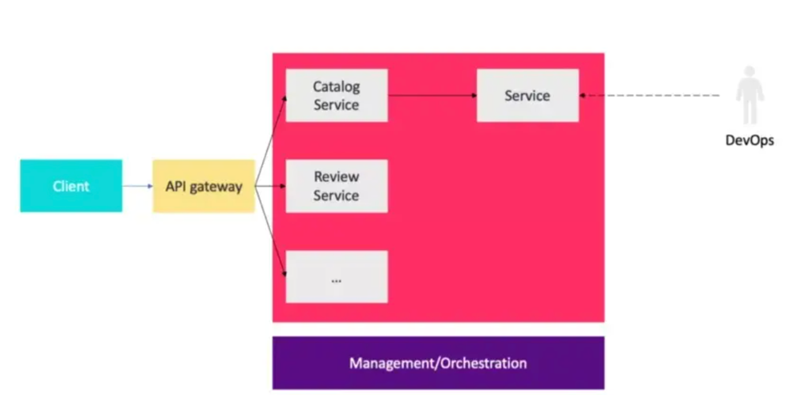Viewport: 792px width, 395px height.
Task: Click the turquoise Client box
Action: click(x=71, y=186)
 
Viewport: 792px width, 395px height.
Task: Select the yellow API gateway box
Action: click(x=204, y=186)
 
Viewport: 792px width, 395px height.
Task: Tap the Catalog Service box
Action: click(x=337, y=95)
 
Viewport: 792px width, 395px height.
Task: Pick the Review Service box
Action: click(x=337, y=186)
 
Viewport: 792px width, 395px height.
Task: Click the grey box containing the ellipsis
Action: click(x=337, y=276)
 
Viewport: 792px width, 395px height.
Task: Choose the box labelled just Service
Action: click(x=527, y=95)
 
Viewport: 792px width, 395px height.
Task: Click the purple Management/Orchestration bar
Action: click(x=438, y=363)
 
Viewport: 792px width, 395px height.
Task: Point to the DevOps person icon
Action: click(x=750, y=95)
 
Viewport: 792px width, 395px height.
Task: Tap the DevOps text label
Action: click(x=750, y=140)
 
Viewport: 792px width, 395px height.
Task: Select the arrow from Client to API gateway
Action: click(x=137, y=186)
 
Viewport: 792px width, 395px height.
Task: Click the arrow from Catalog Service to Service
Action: click(x=432, y=95)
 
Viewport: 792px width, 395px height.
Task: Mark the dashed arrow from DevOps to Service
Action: click(x=649, y=95)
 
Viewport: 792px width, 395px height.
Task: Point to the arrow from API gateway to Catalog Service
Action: click(x=271, y=140)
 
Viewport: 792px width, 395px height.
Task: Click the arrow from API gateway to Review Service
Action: click(x=270, y=186)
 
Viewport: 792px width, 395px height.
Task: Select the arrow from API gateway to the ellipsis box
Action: click(x=271, y=232)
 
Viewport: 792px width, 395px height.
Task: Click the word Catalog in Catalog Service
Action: click(x=337, y=87)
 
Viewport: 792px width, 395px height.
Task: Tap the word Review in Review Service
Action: click(x=337, y=177)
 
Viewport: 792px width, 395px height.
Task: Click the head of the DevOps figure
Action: click(x=750, y=71)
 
